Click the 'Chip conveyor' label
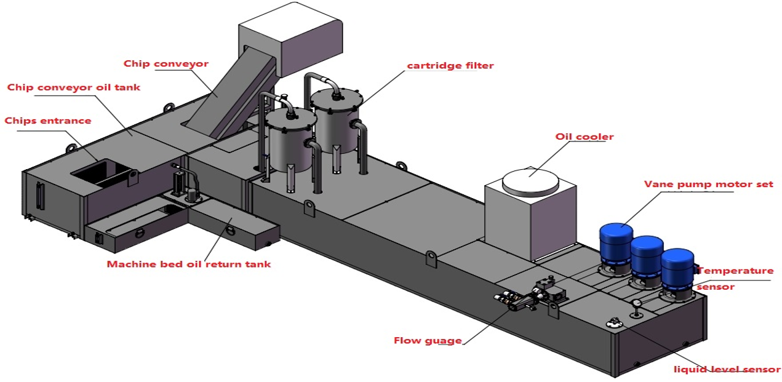[x=166, y=63]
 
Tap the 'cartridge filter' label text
[x=450, y=66]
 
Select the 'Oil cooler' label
[x=584, y=137]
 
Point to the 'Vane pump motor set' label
[x=708, y=184]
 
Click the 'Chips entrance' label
[x=48, y=121]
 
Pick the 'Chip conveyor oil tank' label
[x=74, y=87]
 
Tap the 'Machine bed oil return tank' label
[x=189, y=265]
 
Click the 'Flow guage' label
[x=428, y=340]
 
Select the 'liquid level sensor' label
[x=726, y=370]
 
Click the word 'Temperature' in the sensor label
[x=735, y=271]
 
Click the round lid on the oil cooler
[x=531, y=181]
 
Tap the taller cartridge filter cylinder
[x=336, y=122]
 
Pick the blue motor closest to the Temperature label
[x=677, y=271]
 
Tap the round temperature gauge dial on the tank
[x=636, y=303]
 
